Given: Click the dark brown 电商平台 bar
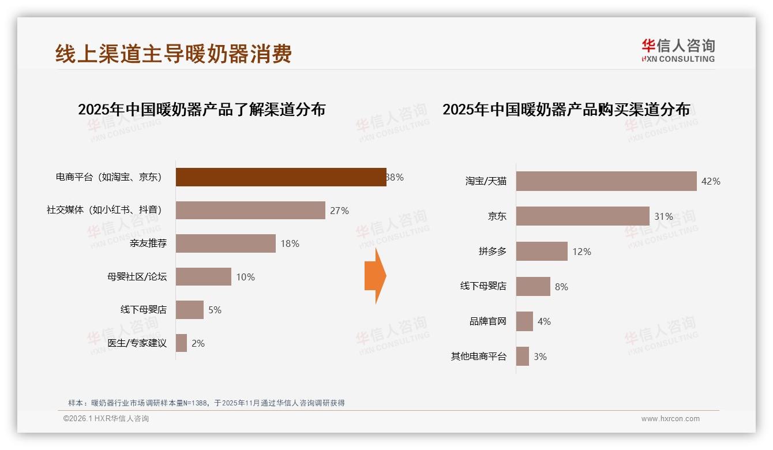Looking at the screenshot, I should click(281, 177).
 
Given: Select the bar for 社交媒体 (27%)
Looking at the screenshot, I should click(250, 211).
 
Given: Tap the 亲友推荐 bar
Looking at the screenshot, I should click(226, 243).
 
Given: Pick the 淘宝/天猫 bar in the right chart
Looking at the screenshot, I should click(606, 181).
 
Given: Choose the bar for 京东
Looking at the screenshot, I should click(583, 216).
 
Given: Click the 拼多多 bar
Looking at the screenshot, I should click(542, 252).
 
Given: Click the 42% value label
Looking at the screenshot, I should click(711, 181).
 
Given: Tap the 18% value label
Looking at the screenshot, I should click(290, 243).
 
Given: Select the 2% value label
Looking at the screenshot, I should click(198, 343).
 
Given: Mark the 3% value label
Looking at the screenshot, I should click(540, 357).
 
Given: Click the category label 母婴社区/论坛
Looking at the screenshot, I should click(137, 277).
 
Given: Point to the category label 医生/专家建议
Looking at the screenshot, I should click(137, 343).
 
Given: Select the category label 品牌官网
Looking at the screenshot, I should click(487, 321).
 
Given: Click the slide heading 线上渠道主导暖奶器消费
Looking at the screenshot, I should click(174, 54).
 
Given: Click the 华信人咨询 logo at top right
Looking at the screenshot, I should click(678, 50).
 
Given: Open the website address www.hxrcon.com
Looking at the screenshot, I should click(670, 419).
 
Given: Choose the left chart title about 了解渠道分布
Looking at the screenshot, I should click(202, 109).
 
